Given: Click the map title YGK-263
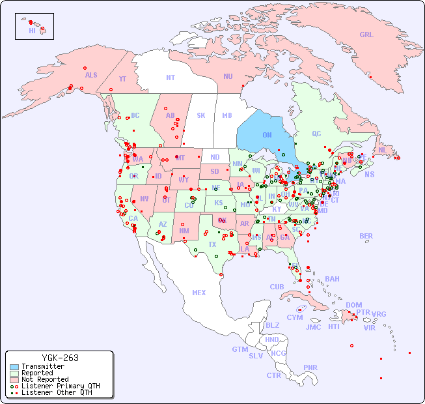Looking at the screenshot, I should [x=60, y=358].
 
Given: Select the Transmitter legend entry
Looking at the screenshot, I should [x=42, y=367].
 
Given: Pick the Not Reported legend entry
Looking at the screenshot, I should [x=44, y=379].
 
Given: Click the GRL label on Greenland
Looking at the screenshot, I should [x=366, y=35].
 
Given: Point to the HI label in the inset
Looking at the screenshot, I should [x=32, y=30].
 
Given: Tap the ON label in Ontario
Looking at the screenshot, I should [x=267, y=135].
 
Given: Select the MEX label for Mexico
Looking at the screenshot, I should [x=199, y=293].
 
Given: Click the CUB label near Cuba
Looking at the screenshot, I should [x=277, y=287].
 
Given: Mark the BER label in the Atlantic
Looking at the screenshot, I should [x=366, y=236].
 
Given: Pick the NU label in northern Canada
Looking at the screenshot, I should [x=228, y=76].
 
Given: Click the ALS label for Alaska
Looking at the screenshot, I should [x=91, y=75].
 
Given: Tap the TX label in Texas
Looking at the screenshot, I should [x=212, y=244].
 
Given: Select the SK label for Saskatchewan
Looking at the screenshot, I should [x=201, y=115].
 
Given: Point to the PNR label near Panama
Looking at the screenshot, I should [x=310, y=367].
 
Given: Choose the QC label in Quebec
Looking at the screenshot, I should [x=316, y=134].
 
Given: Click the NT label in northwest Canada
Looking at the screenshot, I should [x=171, y=78].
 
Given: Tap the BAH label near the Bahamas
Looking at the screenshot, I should [x=332, y=279].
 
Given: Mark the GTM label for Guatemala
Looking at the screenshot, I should [x=240, y=349].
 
